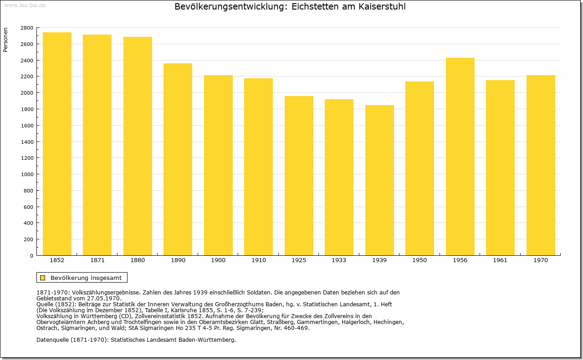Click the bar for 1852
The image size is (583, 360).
tap(57, 144)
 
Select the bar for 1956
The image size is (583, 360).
tap(460, 157)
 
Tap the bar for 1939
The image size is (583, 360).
tap(379, 180)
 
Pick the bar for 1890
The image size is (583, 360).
tap(178, 159)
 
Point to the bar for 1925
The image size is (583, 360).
tap(299, 176)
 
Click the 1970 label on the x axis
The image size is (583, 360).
tap(541, 260)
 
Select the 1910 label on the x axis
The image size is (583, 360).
tap(258, 260)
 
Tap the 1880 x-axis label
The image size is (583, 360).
tap(138, 260)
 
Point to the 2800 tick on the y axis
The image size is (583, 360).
tap(27, 28)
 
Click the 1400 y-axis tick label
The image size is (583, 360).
tap(27, 142)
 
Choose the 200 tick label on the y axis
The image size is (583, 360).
tap(28, 239)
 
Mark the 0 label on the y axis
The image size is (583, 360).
tap(31, 256)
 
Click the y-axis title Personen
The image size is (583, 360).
tap(5, 40)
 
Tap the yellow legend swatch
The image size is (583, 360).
tap(43, 278)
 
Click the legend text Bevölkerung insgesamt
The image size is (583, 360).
tap(86, 278)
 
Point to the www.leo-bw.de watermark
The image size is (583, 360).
tap(25, 5)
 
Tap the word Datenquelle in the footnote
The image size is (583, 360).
tap(53, 340)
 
